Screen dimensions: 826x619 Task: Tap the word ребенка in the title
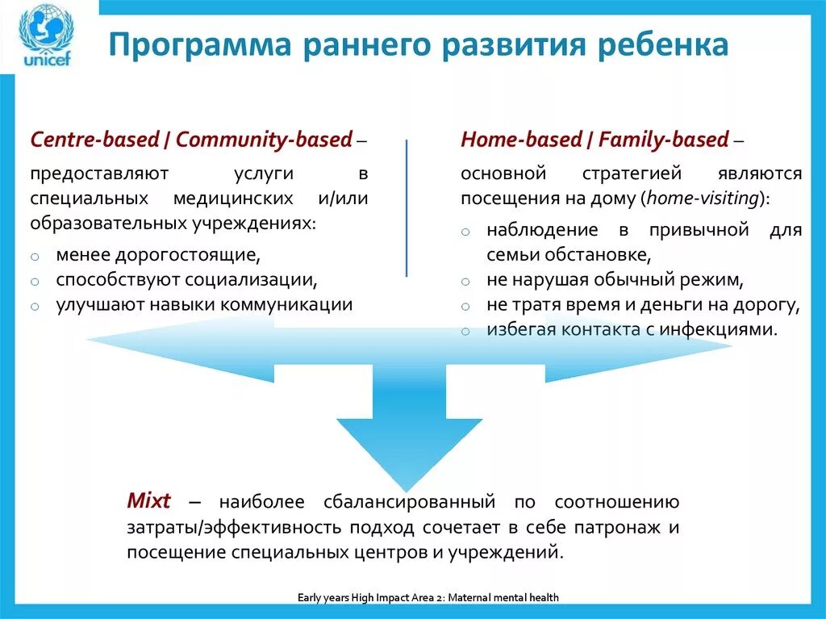(x=664, y=44)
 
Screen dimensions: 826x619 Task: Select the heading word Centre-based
(x=94, y=140)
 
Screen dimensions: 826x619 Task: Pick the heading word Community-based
(x=265, y=140)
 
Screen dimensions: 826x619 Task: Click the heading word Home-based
(x=524, y=140)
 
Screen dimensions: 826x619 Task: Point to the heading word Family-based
(x=663, y=140)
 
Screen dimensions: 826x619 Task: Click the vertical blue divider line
(x=407, y=207)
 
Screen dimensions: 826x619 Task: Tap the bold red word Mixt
(x=149, y=500)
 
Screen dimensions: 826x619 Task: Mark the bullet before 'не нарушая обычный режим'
(x=465, y=282)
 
